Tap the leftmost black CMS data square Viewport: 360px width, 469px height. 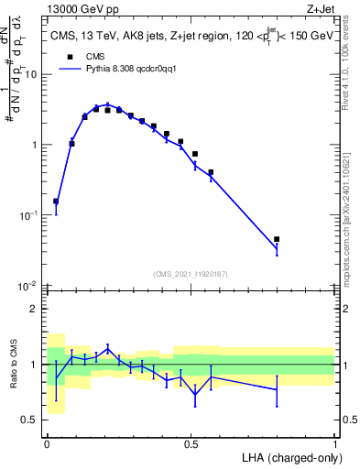(56, 202)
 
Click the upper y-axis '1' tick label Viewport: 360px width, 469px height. (37, 145)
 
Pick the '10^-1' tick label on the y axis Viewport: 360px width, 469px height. (31, 215)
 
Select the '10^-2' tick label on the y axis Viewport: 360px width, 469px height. (31, 286)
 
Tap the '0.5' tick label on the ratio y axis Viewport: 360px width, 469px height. (32, 420)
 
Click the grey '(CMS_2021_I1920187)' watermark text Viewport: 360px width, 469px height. (191, 274)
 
